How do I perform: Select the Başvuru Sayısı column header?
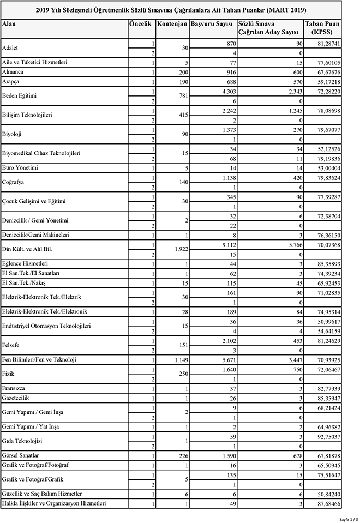[212, 25]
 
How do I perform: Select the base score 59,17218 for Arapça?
[328, 81]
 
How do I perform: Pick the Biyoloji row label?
[14, 134]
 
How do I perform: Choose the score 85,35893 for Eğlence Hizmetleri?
[328, 263]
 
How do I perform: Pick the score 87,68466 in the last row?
[328, 503]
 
